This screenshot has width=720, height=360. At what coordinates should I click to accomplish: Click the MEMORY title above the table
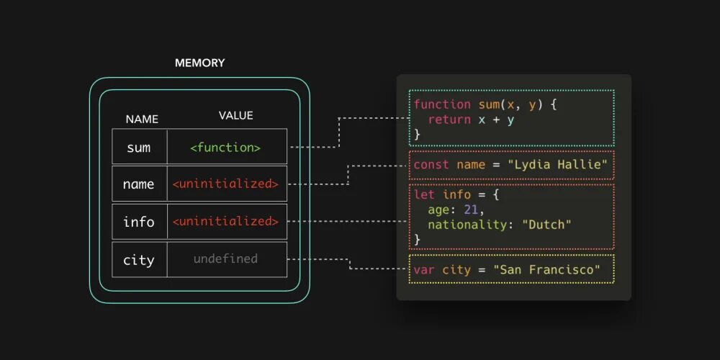(199, 63)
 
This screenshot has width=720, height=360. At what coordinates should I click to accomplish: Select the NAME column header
(142, 119)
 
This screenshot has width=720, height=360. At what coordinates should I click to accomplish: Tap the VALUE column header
(235, 115)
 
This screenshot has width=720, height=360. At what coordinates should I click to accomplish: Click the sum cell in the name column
(139, 148)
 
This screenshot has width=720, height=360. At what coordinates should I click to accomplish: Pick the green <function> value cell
(225, 148)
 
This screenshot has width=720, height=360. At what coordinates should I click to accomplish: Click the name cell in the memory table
(139, 184)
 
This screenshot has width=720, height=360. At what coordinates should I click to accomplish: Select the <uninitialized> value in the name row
(225, 184)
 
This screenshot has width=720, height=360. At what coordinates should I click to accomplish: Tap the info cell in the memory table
(139, 222)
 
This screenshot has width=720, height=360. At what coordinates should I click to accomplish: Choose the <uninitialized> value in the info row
(225, 222)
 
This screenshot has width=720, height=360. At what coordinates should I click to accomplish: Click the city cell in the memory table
(139, 259)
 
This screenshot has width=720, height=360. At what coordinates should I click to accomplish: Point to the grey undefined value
(225, 258)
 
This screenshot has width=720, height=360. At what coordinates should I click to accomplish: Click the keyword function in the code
(442, 104)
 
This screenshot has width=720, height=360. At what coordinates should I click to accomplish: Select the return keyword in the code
(449, 120)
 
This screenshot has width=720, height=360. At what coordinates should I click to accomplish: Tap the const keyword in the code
(431, 165)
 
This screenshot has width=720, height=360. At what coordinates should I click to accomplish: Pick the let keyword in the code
(424, 195)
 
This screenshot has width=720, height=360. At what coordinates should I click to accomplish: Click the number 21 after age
(470, 210)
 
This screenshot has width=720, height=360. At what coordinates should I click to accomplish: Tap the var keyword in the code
(424, 270)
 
